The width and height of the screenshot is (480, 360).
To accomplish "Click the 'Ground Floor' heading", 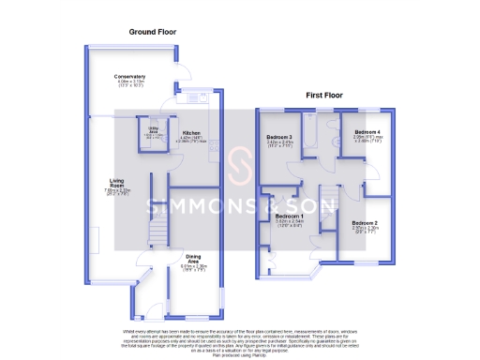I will tap(153, 32).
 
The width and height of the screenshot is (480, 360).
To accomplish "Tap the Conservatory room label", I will tap(130, 77).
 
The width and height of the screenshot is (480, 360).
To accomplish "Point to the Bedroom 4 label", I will tap(367, 133).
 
